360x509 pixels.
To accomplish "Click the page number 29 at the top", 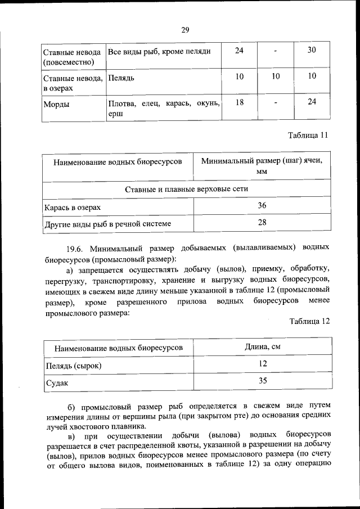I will click(x=185, y=30).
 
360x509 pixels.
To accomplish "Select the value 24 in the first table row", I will click(x=239, y=51).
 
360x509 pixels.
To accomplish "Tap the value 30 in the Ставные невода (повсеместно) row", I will click(x=312, y=51).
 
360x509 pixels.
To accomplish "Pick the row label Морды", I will click(x=55, y=103).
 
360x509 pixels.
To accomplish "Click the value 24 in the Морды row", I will click(x=312, y=102).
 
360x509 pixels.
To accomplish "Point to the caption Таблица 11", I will click(x=308, y=136).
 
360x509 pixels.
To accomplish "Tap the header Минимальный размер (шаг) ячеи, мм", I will click(x=262, y=166).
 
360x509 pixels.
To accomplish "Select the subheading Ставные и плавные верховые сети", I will click(x=186, y=189).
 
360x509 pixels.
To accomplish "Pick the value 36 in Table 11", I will click(x=262, y=206).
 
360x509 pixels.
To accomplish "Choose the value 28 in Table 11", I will click(x=262, y=223).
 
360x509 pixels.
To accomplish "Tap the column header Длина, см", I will click(x=262, y=347).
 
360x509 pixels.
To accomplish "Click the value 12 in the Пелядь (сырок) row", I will click(x=262, y=364).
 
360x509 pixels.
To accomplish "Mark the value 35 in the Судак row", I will click(x=262, y=381).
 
